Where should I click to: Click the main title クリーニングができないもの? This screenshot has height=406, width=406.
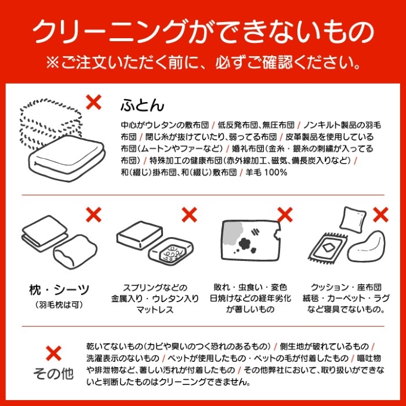point(203,30)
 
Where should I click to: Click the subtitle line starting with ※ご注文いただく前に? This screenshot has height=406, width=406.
point(203,62)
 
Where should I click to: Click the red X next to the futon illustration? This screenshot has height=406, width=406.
point(94,101)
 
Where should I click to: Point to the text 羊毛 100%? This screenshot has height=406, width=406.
point(267,173)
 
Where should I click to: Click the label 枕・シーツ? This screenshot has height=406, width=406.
point(60,290)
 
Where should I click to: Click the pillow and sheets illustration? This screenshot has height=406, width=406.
point(54,242)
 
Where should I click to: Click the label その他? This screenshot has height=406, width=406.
point(53,374)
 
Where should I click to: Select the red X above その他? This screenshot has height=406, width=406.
point(53,353)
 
